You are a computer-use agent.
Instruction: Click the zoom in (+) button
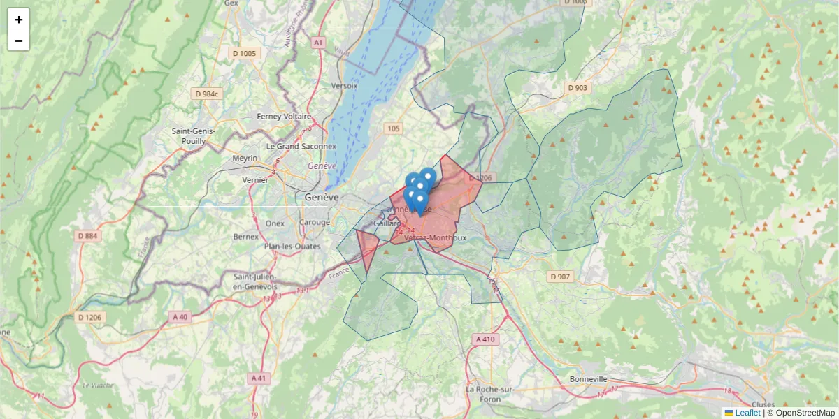pyautogui.click(x=19, y=19)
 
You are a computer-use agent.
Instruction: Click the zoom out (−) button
pyautogui.click(x=19, y=41)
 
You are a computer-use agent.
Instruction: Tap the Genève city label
pyautogui.click(x=322, y=198)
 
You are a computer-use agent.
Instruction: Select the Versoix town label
pyautogui.click(x=344, y=86)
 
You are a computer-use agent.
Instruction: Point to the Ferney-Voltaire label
pyautogui.click(x=283, y=116)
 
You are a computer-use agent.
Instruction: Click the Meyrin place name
pyautogui.click(x=245, y=159)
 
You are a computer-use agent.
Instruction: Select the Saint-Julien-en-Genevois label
pyautogui.click(x=255, y=281)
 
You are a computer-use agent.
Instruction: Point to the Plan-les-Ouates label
pyautogui.click(x=292, y=247)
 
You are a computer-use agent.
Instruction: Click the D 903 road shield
pyautogui.click(x=578, y=88)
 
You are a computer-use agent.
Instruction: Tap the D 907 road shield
pyautogui.click(x=560, y=277)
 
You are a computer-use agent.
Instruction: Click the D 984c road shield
pyautogui.click(x=208, y=94)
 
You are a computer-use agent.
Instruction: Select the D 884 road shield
pyautogui.click(x=88, y=236)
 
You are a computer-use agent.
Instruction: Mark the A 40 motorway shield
pyautogui.click(x=180, y=316)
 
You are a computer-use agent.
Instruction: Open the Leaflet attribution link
pyautogui.click(x=747, y=413)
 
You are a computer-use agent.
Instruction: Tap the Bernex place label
pyautogui.click(x=245, y=237)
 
